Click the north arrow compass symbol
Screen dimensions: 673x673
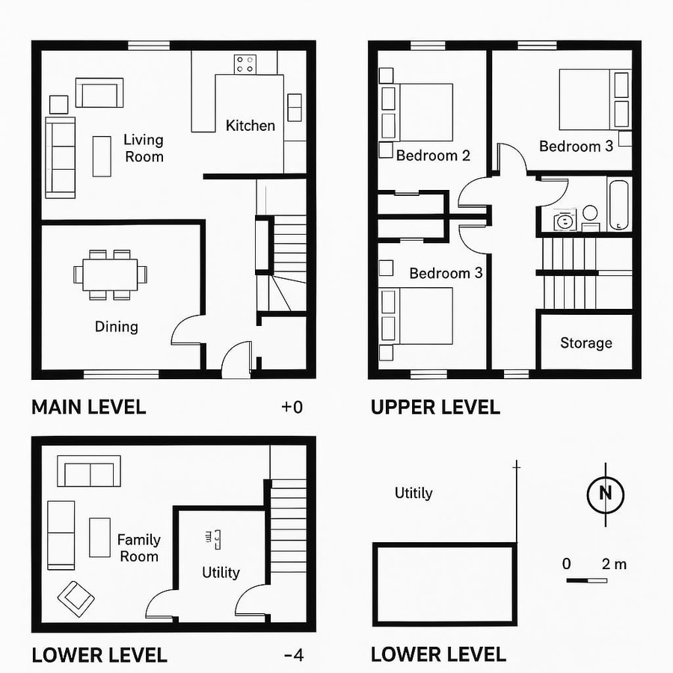pyautogui.click(x=606, y=494)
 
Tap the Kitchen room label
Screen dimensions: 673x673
pyautogui.click(x=251, y=126)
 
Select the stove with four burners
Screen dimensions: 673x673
pyautogui.click(x=245, y=64)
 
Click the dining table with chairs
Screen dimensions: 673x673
pyautogui.click(x=110, y=274)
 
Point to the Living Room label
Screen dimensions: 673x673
pyautogui.click(x=144, y=147)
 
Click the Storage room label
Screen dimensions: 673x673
pyautogui.click(x=586, y=343)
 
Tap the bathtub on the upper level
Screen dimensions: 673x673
pyautogui.click(x=619, y=203)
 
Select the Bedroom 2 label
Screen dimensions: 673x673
pyautogui.click(x=433, y=156)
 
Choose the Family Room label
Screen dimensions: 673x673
pyautogui.click(x=139, y=547)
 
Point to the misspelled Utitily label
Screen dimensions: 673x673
pyautogui.click(x=414, y=493)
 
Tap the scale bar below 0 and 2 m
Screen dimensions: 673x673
pyautogui.click(x=587, y=580)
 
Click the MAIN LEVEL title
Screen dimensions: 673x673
pyautogui.click(x=88, y=408)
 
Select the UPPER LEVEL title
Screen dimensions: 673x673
pyautogui.click(x=435, y=408)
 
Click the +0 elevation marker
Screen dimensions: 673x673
pyautogui.click(x=292, y=408)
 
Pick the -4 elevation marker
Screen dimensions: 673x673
pyautogui.click(x=294, y=656)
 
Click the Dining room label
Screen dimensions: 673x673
pyautogui.click(x=117, y=326)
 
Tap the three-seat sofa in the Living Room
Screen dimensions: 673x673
pyautogui.click(x=61, y=157)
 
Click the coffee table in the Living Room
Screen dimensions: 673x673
pyautogui.click(x=102, y=156)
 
